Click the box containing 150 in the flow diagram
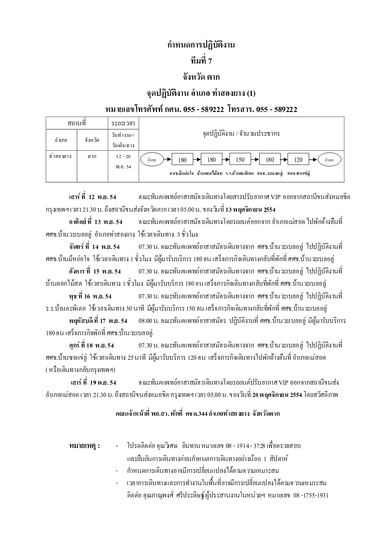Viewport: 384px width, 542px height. pyautogui.click(x=240, y=160)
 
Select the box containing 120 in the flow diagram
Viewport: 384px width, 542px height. pyautogui.click(x=298, y=160)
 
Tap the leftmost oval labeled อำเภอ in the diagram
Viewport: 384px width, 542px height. pyautogui.click(x=152, y=160)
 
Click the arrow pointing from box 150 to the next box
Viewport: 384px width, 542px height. pyautogui.click(x=255, y=160)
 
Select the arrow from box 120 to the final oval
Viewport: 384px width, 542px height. pyautogui.click(x=313, y=160)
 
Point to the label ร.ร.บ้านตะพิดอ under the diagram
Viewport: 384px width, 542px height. pyautogui.click(x=240, y=173)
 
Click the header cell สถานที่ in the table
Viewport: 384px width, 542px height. pyautogui.click(x=76, y=124)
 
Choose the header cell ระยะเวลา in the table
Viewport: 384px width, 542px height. pyautogui.click(x=123, y=124)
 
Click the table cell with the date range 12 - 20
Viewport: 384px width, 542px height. pyautogui.click(x=123, y=157)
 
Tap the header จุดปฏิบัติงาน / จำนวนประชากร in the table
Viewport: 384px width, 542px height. pyautogui.click(x=241, y=134)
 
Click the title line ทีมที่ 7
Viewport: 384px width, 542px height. pyautogui.click(x=201, y=61)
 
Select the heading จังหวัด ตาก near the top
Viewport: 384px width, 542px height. pyautogui.click(x=201, y=77)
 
